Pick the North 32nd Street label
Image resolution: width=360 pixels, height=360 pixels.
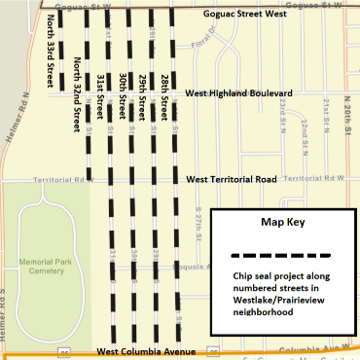pos(76,94)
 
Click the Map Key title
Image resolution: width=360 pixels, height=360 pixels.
pos(281,223)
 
